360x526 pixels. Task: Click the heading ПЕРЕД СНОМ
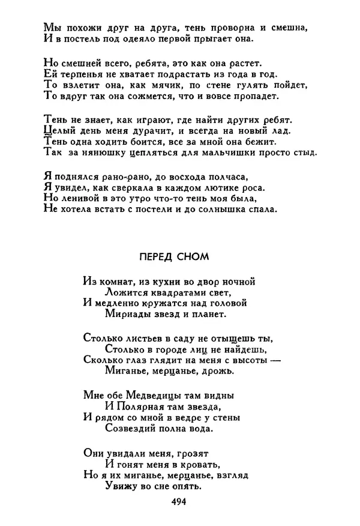[173, 257]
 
